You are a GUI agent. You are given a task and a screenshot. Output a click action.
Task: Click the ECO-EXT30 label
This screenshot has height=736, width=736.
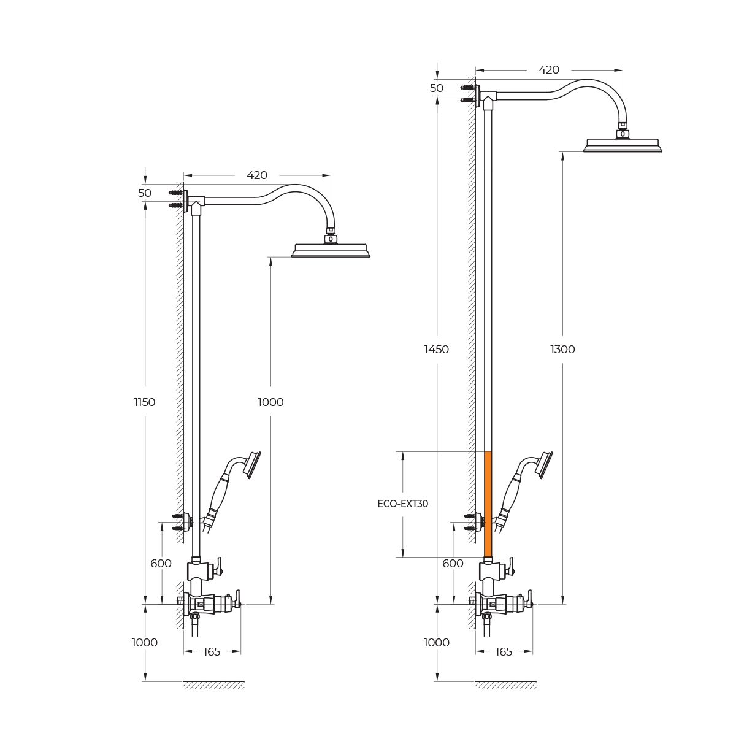tap(402, 504)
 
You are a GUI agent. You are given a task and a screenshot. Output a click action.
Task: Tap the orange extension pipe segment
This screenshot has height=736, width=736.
tap(488, 504)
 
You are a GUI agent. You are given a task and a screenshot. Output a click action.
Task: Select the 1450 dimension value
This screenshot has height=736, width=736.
tap(436, 349)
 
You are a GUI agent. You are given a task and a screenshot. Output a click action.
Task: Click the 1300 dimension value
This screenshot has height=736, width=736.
tap(562, 349)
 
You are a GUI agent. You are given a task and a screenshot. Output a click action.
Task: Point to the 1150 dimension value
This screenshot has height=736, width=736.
tap(145, 402)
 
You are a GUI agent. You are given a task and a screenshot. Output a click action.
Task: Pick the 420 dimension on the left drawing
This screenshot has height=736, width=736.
tap(256, 175)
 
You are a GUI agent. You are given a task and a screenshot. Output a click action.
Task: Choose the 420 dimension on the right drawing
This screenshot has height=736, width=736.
tap(548, 69)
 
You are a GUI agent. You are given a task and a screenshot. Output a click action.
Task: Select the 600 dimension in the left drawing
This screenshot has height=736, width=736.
tap(161, 563)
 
